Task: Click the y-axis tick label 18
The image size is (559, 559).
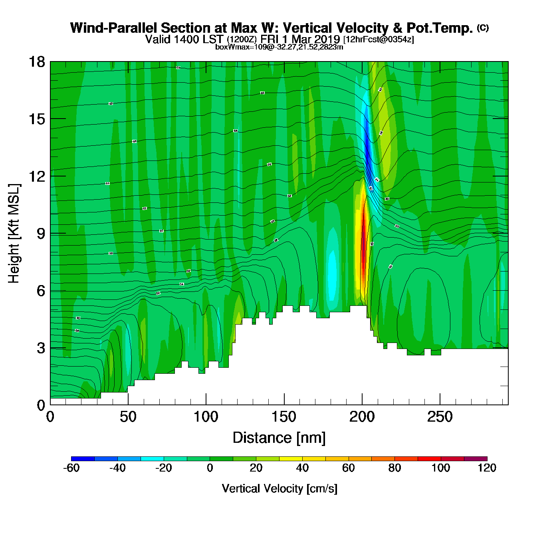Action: (36, 62)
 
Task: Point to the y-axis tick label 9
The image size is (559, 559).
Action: (41, 234)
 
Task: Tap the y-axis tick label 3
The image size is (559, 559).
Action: (41, 348)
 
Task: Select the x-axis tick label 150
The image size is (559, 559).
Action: (284, 417)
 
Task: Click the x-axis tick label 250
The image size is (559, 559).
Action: (440, 417)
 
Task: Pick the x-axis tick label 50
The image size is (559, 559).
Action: (128, 417)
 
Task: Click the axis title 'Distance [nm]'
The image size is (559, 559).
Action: (279, 438)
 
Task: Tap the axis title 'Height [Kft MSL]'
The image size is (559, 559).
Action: (14, 234)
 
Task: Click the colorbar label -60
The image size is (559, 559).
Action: (71, 468)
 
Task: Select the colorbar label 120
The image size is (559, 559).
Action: (487, 468)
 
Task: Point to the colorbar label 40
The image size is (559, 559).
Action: (302, 468)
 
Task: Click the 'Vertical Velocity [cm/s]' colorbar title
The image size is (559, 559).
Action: (279, 488)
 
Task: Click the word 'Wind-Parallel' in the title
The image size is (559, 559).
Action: (114, 28)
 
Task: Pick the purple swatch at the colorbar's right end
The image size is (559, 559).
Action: (475, 458)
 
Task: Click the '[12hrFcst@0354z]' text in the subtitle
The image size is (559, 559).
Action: (378, 40)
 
